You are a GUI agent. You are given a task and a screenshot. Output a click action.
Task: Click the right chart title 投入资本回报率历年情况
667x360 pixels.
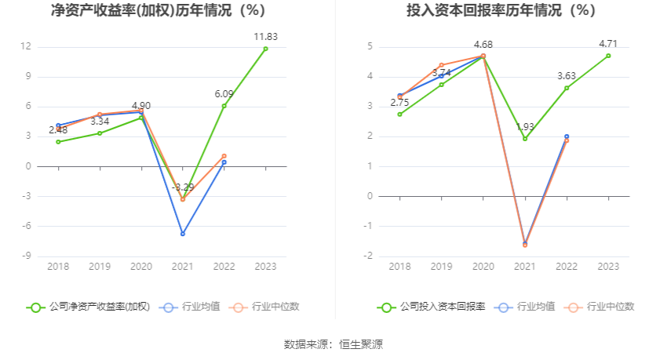(501, 11)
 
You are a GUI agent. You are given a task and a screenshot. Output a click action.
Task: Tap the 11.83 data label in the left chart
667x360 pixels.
(266, 37)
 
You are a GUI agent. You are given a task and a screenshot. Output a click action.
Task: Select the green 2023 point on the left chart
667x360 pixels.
(265, 49)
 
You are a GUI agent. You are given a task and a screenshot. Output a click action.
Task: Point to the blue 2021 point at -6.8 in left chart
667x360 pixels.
(183, 234)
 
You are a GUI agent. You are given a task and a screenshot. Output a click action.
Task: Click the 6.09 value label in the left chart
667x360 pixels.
(224, 93)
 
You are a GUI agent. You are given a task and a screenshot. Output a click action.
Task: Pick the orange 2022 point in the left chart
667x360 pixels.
(224, 156)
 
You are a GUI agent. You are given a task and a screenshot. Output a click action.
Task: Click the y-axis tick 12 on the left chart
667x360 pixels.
(26, 46)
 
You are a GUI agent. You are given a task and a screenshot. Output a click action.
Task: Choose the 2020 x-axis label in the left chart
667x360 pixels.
(141, 267)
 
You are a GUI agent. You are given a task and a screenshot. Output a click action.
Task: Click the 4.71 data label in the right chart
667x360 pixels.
(608, 44)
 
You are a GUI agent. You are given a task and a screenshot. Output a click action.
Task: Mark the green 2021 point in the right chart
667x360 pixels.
(525, 139)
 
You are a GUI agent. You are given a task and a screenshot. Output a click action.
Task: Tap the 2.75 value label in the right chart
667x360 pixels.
(400, 103)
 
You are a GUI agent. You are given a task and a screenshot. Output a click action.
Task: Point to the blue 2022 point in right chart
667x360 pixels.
(567, 136)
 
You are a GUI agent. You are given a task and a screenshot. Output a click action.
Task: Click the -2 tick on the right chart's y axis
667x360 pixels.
(370, 256)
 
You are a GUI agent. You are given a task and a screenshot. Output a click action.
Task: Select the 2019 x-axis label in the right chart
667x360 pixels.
(442, 267)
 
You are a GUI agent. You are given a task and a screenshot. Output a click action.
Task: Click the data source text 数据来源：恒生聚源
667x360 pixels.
(333, 344)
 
